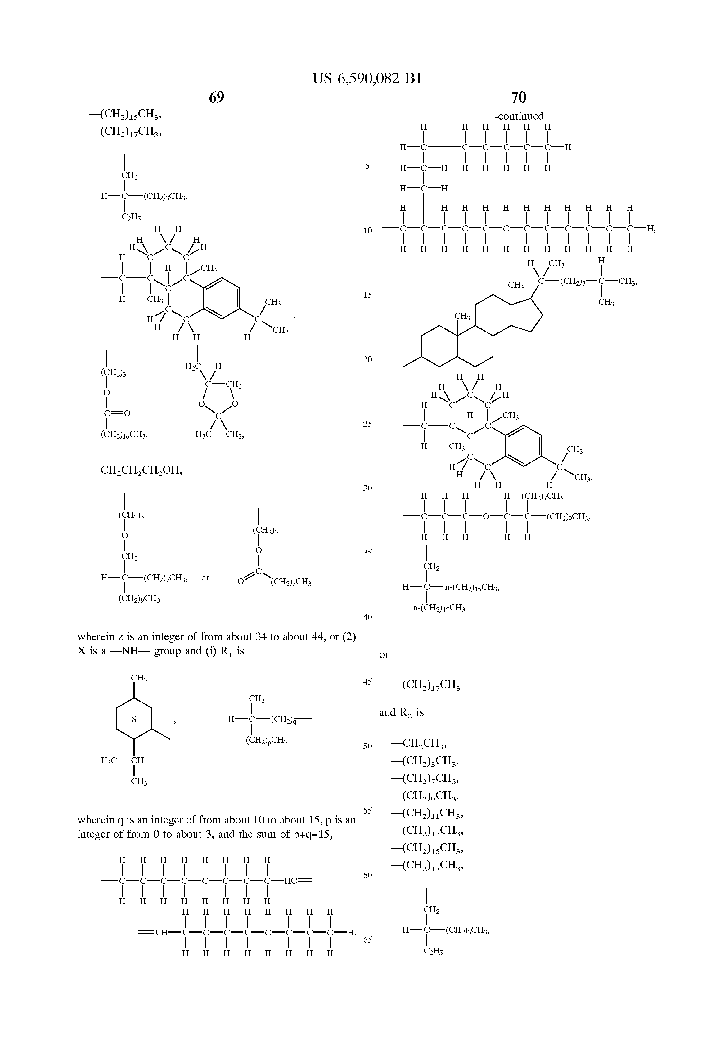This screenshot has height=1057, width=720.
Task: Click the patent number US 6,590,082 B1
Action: (367, 79)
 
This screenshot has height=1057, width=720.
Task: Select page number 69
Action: (217, 97)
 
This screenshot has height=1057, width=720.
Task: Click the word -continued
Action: (519, 116)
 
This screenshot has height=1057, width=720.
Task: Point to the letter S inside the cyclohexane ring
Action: (134, 719)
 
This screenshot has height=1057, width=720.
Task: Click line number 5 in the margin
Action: (367, 166)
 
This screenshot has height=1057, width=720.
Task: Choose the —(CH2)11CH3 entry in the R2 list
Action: (427, 813)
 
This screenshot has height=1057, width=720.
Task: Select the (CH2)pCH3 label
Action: (266, 740)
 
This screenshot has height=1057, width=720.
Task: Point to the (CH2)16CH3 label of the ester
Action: (124, 435)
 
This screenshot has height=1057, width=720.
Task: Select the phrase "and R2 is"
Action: (401, 713)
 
